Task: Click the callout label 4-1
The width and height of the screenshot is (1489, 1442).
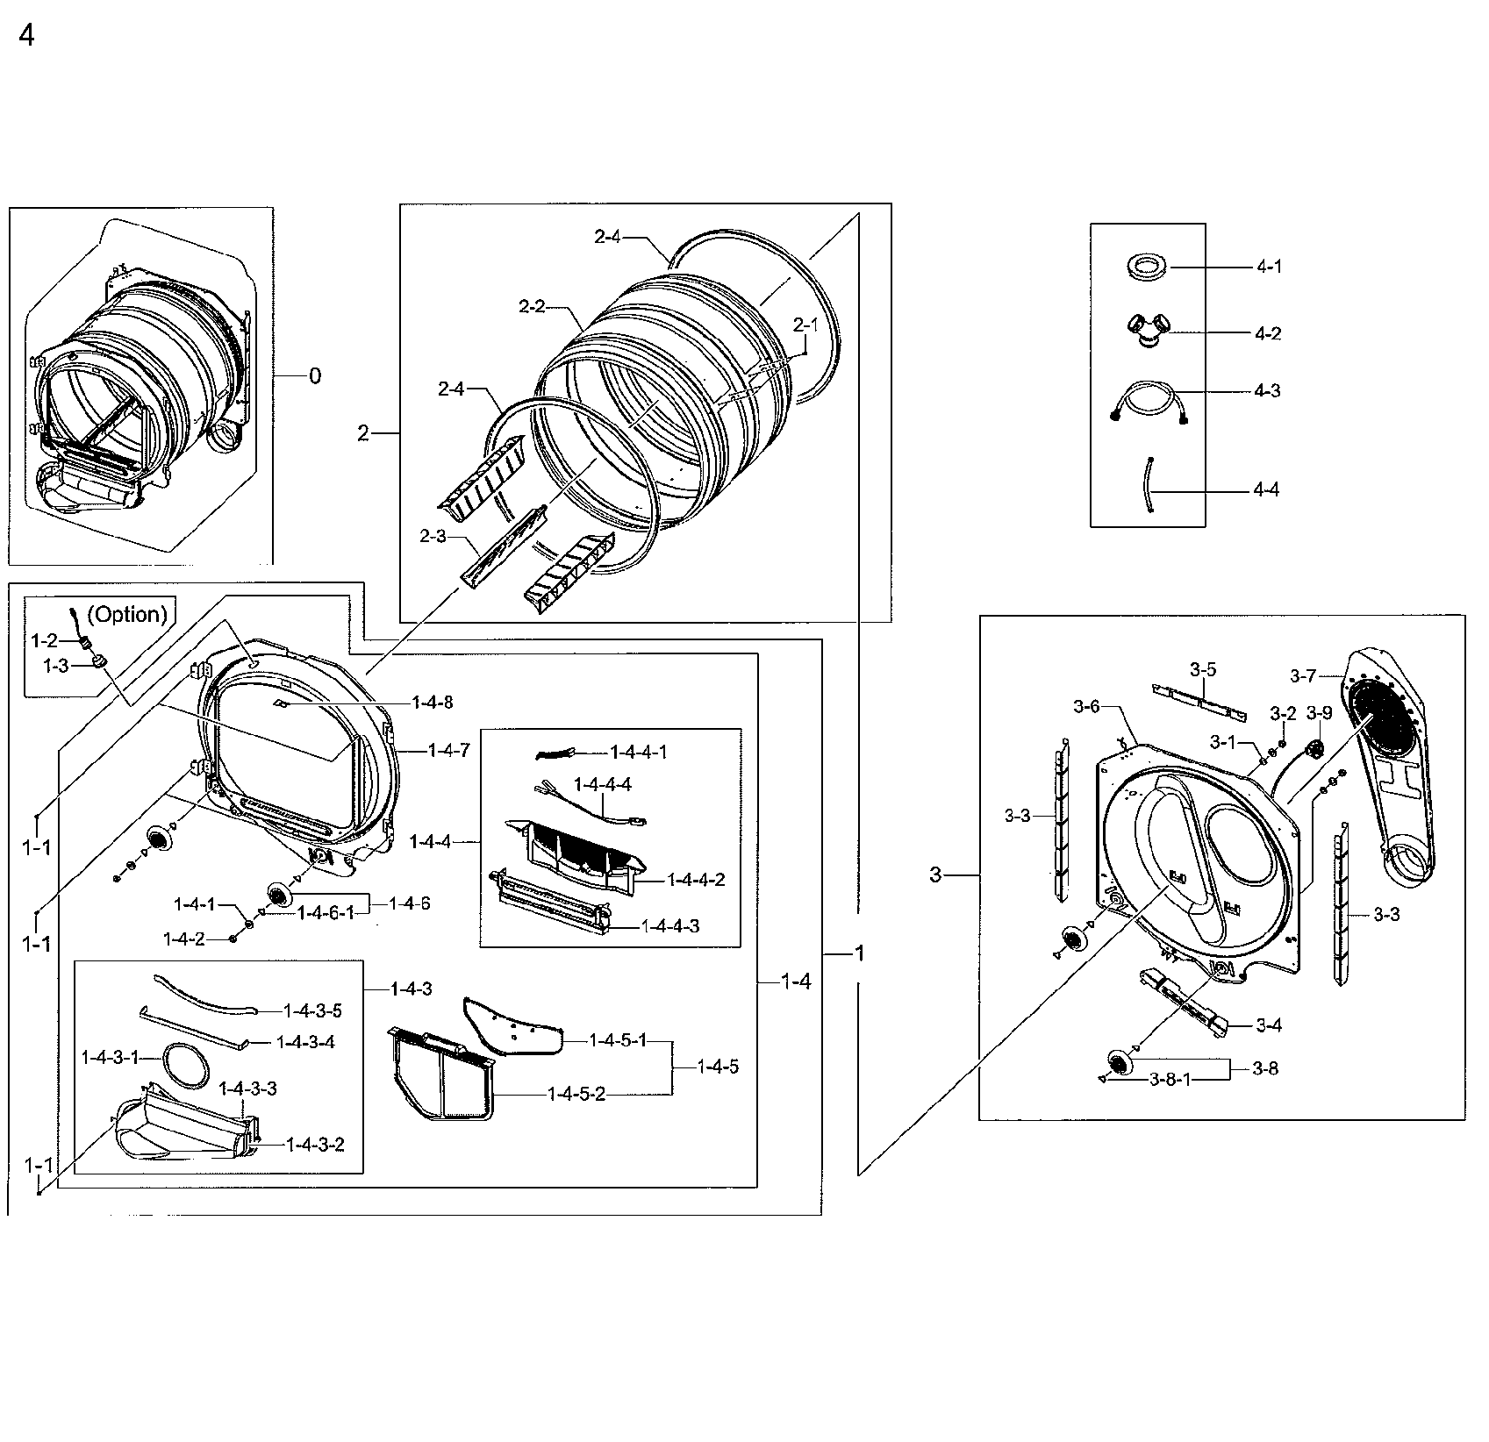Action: pyautogui.click(x=1268, y=267)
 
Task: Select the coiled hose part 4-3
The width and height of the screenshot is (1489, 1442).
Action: pyautogui.click(x=1149, y=403)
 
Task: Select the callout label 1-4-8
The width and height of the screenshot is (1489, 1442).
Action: pyautogui.click(x=432, y=703)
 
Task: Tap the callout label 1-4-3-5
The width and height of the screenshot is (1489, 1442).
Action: pyautogui.click(x=311, y=1010)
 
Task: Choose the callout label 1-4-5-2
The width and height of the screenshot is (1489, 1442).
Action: pyautogui.click(x=576, y=1094)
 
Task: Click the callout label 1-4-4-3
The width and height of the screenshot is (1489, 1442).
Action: pyautogui.click(x=670, y=926)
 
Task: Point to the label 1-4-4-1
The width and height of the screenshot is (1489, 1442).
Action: pyautogui.click(x=638, y=752)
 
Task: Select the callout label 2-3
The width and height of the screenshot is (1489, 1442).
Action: pyautogui.click(x=433, y=536)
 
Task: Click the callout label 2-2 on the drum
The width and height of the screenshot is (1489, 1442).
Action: pyautogui.click(x=532, y=306)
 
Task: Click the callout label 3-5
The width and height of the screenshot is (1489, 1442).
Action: pyautogui.click(x=1203, y=669)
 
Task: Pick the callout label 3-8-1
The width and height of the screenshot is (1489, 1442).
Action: pyautogui.click(x=1170, y=1080)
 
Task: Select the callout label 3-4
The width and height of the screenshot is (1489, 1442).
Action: pyautogui.click(x=1269, y=1024)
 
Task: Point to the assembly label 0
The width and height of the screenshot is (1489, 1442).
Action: pyautogui.click(x=314, y=376)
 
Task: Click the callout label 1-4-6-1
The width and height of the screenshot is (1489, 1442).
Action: pyautogui.click(x=325, y=913)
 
